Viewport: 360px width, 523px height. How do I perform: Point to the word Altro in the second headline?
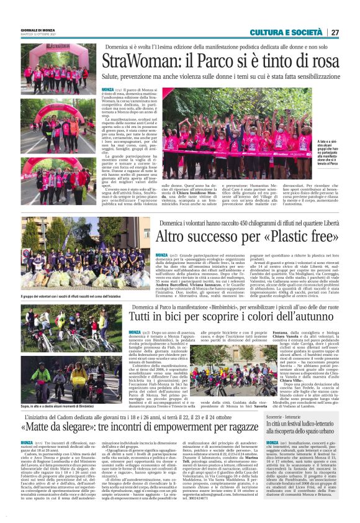pos(173,237)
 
